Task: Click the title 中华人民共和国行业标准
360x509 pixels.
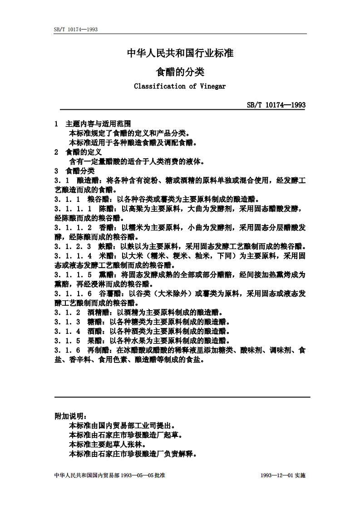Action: pos(180,53)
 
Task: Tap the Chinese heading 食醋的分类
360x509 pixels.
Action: pos(180,71)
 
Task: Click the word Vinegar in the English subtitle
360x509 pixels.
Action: pos(213,86)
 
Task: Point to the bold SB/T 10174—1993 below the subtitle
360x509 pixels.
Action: pos(276,105)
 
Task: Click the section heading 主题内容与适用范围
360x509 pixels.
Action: pos(99,123)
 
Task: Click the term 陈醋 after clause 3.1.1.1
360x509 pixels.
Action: pos(107,209)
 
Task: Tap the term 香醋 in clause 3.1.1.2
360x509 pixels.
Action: pos(107,228)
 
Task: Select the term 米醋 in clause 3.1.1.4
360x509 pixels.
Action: pos(107,256)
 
